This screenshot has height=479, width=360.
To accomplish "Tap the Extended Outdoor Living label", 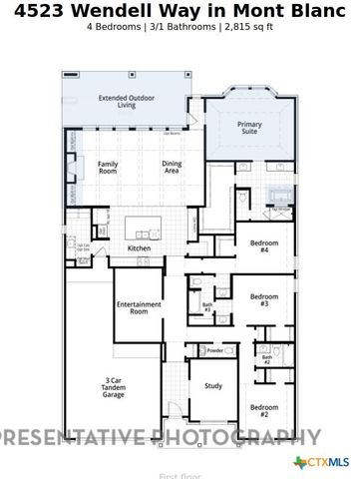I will (124, 102).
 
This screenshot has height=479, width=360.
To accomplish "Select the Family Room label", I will (108, 167).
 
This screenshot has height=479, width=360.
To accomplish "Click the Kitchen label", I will (139, 248).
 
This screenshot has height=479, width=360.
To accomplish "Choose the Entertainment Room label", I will (132, 307).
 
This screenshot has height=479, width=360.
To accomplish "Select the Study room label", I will (213, 385).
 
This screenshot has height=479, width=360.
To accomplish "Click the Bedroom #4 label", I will (263, 246).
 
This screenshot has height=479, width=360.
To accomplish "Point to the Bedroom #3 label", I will (263, 299).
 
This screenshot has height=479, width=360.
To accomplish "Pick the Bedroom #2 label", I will (263, 410).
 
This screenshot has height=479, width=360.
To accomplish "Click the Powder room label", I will (214, 350).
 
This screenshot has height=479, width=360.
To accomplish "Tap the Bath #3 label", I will (207, 308).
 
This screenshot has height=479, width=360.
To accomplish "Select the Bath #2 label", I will (266, 359).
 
